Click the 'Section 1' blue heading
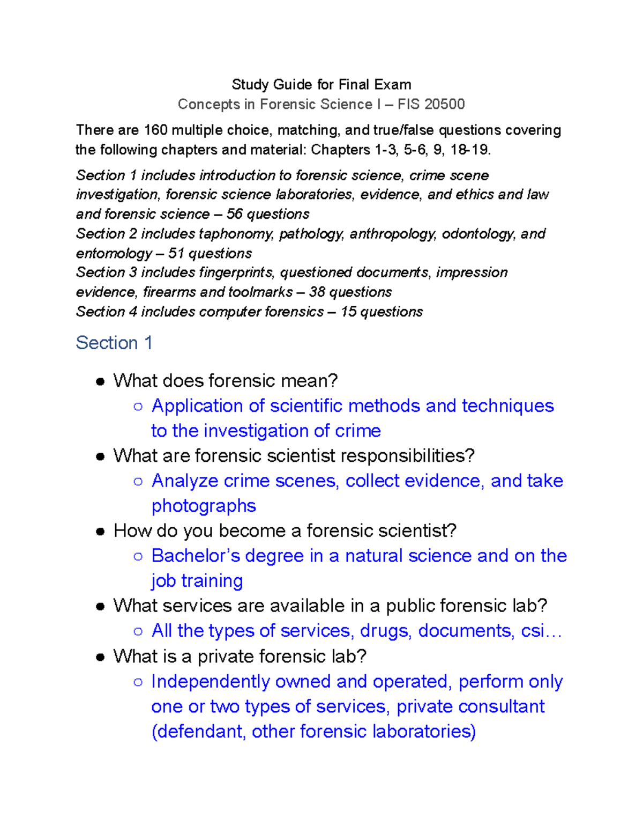click(114, 343)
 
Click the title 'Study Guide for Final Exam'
click(321, 85)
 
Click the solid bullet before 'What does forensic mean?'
click(100, 382)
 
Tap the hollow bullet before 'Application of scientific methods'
click(138, 407)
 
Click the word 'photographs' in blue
click(204, 506)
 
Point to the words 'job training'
click(197, 581)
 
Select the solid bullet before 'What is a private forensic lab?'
click(100, 658)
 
